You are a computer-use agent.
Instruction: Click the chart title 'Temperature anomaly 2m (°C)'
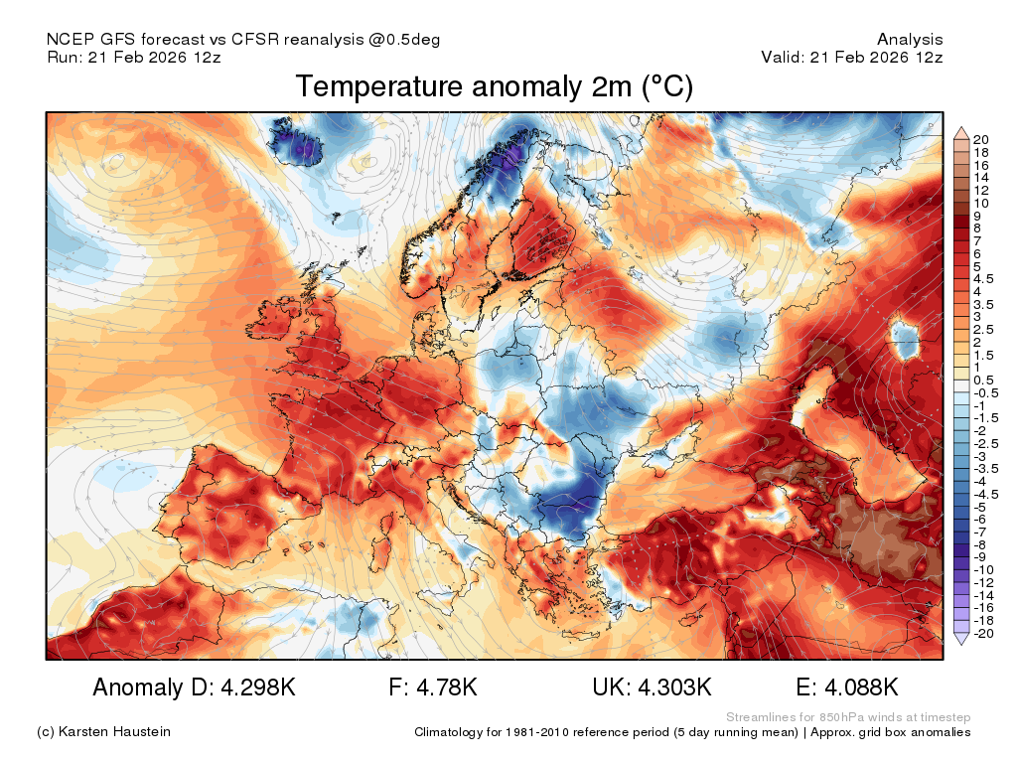495,86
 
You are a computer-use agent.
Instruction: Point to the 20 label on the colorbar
980,139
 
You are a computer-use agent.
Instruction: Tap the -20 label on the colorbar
983,633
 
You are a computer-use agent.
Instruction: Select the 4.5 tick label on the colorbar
982,279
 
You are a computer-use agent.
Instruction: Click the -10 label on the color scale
983,570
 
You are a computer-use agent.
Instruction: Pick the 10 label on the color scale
980,203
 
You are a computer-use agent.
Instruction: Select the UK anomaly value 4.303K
674,687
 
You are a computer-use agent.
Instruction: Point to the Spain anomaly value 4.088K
861,687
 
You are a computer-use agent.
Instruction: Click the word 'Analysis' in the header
910,40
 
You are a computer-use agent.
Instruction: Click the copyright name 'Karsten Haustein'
114,732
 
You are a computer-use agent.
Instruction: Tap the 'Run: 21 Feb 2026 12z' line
134,57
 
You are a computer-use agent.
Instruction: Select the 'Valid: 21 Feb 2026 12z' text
851,57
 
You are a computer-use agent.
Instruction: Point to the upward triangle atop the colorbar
961,134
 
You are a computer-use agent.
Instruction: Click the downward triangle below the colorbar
961,639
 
